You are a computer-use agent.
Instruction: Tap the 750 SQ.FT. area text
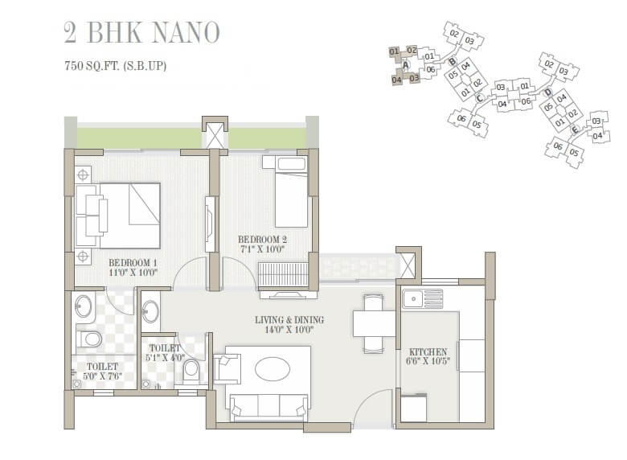pos(115,66)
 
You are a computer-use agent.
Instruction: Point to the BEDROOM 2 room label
pos(261,244)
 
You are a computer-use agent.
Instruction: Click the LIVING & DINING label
pos(290,324)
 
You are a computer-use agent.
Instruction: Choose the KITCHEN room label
pos(428,356)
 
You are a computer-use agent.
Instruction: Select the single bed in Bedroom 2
pos(291,195)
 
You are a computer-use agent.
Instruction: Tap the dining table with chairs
pos(374,323)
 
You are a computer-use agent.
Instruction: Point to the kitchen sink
pos(421,299)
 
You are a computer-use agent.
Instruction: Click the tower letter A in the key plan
pos(406,65)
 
